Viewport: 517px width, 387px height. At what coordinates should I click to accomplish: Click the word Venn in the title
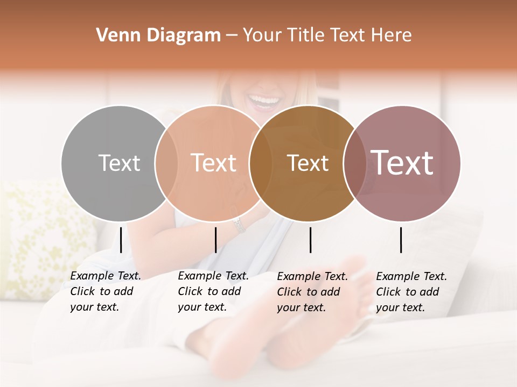(115, 35)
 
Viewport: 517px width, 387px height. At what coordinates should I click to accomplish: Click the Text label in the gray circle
(119, 163)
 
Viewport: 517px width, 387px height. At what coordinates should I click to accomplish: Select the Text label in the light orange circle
(214, 163)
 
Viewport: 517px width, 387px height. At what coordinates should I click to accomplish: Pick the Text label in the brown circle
(308, 163)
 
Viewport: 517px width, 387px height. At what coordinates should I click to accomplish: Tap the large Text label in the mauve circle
(402, 163)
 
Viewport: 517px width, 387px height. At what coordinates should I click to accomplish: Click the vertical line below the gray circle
(121, 240)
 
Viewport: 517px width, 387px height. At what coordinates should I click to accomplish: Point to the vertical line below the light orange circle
(215, 240)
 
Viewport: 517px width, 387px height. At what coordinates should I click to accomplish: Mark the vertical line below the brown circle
(310, 240)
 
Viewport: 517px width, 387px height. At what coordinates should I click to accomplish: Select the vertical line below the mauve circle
(401, 240)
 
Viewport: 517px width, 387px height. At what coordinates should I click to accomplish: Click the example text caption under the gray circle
(105, 291)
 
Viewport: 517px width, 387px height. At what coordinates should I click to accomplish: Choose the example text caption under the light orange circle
(213, 291)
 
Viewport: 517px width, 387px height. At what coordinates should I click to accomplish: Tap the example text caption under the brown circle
(312, 292)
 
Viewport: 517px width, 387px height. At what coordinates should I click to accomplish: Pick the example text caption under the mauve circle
(411, 292)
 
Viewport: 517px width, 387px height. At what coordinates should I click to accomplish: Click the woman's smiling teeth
(264, 100)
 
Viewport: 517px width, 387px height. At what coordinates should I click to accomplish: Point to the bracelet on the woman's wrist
(239, 224)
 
